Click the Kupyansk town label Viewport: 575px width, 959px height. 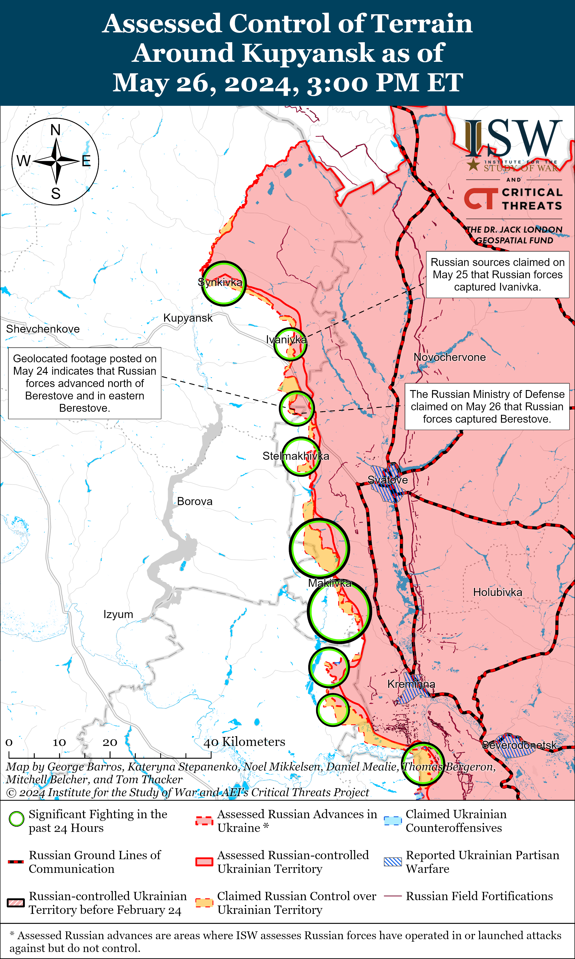coord(188,318)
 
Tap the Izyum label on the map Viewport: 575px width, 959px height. coord(118,614)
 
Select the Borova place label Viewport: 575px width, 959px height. coord(195,501)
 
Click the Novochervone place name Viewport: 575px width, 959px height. coord(449,357)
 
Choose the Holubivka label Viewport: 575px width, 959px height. coord(497,592)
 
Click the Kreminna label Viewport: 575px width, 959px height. coord(411,684)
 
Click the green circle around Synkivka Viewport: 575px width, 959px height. coord(223,283)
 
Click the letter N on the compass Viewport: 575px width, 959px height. coord(56,130)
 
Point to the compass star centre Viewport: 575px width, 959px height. coord(56,160)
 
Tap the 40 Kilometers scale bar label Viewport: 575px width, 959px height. coord(244,742)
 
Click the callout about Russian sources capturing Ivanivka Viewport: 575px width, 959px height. coord(497,275)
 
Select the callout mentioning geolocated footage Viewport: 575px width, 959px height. coord(85,383)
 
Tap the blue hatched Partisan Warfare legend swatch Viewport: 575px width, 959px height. coord(393,862)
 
